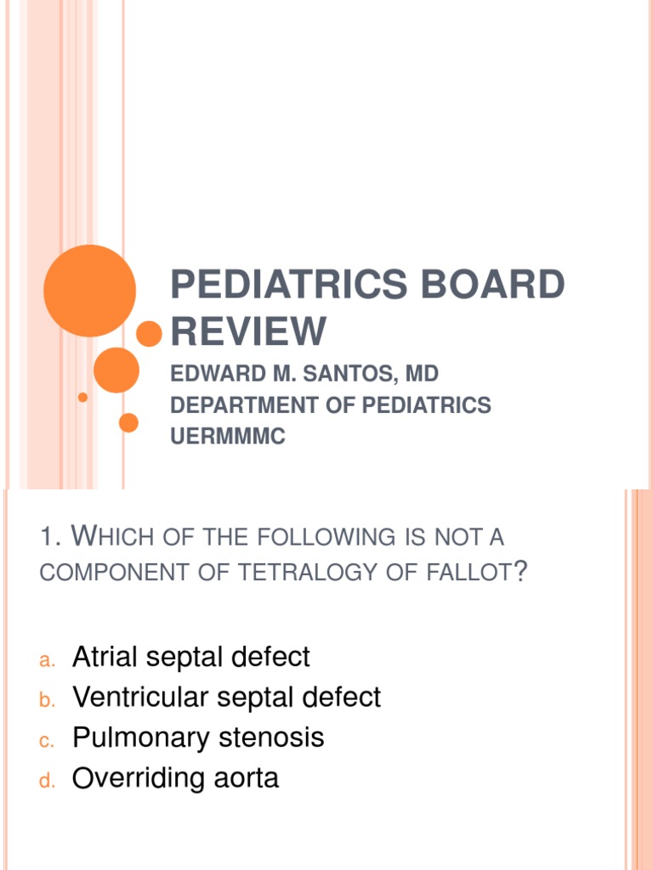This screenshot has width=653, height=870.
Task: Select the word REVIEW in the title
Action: pyautogui.click(x=248, y=330)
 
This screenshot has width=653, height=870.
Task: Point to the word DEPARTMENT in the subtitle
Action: pyautogui.click(x=242, y=405)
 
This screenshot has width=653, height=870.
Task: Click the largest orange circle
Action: pyautogui.click(x=89, y=291)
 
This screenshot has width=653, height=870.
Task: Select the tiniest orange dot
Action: pyautogui.click(x=82, y=397)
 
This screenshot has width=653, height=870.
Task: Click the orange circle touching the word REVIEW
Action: pyautogui.click(x=150, y=334)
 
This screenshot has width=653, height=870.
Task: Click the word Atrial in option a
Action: pyautogui.click(x=109, y=657)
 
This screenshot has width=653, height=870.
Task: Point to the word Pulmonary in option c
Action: pyautogui.click(x=141, y=737)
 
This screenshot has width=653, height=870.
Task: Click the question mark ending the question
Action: pyautogui.click(x=520, y=572)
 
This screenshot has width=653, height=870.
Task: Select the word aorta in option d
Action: pyautogui.click(x=246, y=779)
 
